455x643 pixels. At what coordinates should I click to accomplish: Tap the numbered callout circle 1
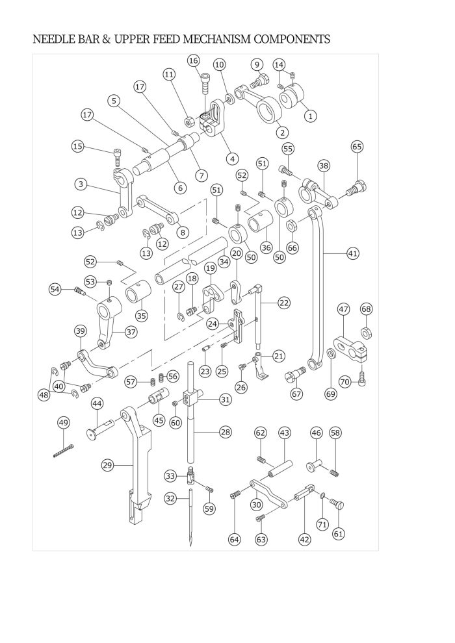coord(311,116)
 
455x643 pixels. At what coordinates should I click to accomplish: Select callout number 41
coord(353,253)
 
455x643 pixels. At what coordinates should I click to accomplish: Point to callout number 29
coord(107,465)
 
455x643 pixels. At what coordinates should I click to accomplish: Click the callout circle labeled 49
coord(63,422)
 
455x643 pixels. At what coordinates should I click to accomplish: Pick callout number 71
coord(322,524)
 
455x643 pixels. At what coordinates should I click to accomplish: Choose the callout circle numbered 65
coord(357,146)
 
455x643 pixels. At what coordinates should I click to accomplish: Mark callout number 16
coord(193,60)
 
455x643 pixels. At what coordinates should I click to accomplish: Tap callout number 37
coord(131,331)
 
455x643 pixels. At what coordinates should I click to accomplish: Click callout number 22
coord(283,303)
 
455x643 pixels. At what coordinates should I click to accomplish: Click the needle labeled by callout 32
coord(190,518)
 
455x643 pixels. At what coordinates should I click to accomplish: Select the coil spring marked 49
coord(63,451)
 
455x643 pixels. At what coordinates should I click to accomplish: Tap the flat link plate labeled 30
coord(268,494)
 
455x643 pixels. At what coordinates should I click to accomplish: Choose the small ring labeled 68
coord(367,332)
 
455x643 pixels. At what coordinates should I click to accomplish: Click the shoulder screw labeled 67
coord(295,373)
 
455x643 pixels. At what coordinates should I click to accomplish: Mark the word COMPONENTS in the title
coord(292,40)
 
